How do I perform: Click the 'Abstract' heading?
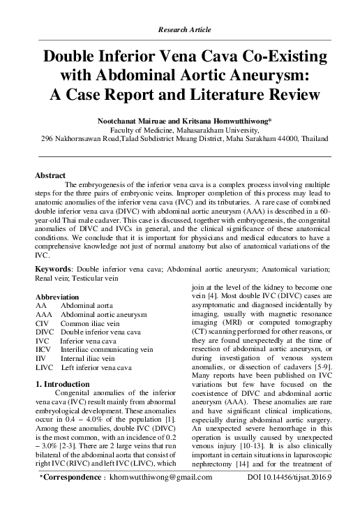pyautogui.click(x=50, y=175)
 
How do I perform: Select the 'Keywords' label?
pyautogui.click(x=52, y=269)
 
